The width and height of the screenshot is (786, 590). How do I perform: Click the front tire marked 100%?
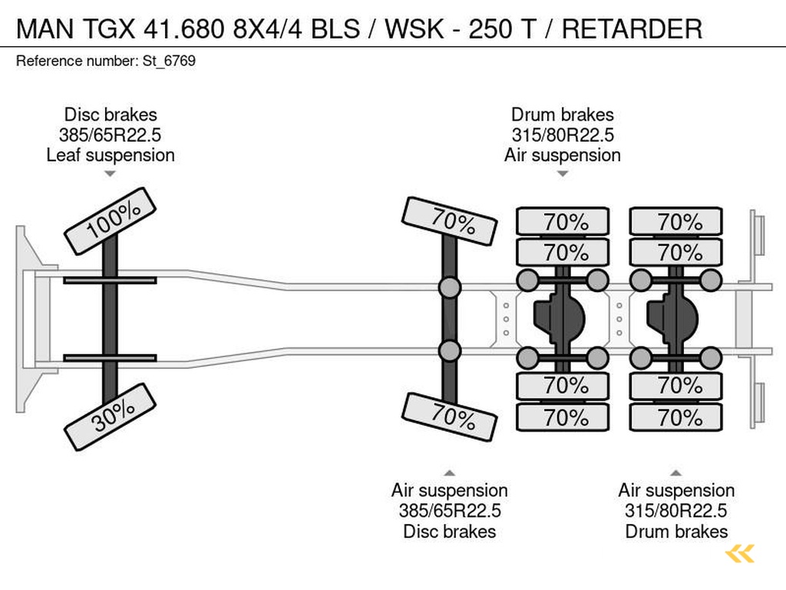111,221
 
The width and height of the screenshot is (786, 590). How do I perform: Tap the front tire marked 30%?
111,416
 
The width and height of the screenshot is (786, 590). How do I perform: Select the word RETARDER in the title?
632,29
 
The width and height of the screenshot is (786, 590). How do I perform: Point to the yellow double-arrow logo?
740,553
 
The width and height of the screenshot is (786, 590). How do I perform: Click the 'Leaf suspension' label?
111,155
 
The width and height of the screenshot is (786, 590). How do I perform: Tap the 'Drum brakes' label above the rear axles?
563,115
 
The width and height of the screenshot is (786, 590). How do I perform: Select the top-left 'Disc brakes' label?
111,115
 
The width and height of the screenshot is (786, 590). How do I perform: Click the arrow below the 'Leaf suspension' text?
111,174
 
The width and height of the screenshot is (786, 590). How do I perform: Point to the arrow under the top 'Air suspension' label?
563,174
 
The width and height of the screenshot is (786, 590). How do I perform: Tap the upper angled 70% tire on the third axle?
450,221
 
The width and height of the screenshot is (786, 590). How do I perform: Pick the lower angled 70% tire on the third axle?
450,416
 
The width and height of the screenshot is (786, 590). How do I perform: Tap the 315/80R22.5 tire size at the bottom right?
676,511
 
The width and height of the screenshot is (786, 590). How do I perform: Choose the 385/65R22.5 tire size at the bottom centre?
450,511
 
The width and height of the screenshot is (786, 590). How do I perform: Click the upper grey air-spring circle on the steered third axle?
450,288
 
